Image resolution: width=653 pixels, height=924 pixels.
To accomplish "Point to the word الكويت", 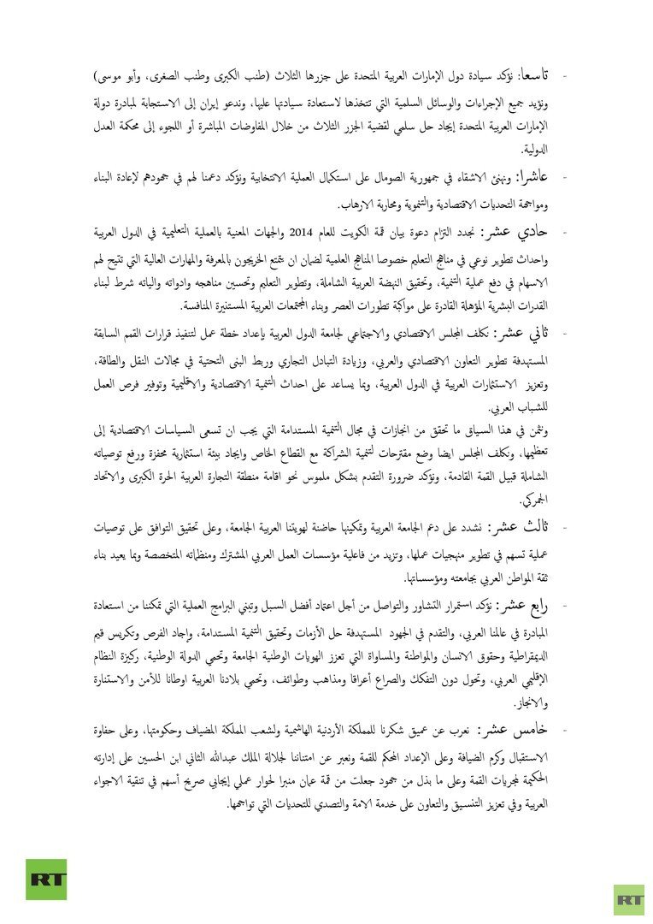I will pyautogui.click(x=372, y=233).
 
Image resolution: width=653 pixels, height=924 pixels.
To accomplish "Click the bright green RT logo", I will pyautogui.click(x=45, y=879).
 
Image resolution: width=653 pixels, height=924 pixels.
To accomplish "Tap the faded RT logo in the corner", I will pyautogui.click(x=628, y=899).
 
